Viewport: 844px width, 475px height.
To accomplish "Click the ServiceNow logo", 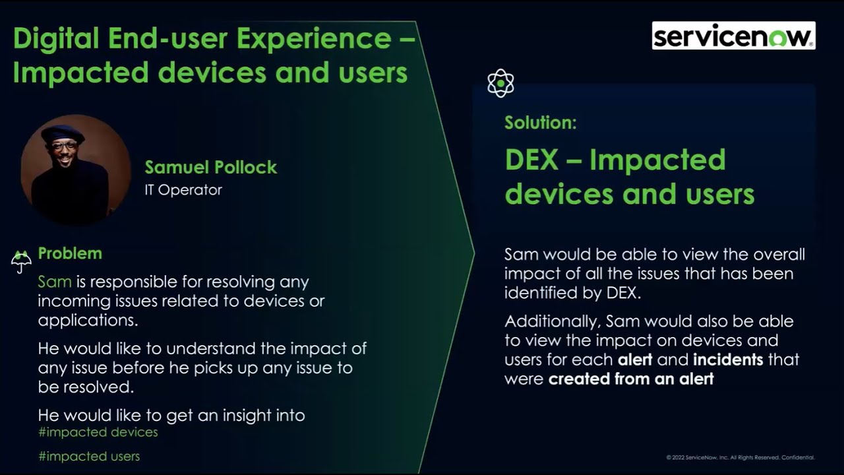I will (x=733, y=36).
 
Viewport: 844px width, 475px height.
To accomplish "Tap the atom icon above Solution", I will (x=500, y=84).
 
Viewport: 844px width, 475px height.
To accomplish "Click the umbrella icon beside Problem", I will (x=21, y=261).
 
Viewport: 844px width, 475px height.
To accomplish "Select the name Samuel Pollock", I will (x=211, y=167).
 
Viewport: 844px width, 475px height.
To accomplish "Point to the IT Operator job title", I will (x=183, y=190).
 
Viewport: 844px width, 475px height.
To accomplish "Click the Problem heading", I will (x=70, y=253).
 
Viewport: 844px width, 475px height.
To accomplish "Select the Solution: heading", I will (x=541, y=123).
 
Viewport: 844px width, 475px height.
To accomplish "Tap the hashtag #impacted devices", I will (x=98, y=432).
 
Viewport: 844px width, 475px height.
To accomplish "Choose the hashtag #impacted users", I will (x=88, y=457).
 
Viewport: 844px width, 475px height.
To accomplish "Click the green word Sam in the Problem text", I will (x=55, y=282).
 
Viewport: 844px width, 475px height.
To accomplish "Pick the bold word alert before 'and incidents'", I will (x=635, y=360).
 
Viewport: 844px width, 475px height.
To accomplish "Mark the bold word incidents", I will (x=728, y=360).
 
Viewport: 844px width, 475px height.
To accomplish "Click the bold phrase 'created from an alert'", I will (x=631, y=379).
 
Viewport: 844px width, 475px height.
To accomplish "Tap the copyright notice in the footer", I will (x=740, y=457).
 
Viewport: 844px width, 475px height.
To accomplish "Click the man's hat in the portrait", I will (x=63, y=133).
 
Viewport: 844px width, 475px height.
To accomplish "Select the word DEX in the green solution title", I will (x=531, y=160).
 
